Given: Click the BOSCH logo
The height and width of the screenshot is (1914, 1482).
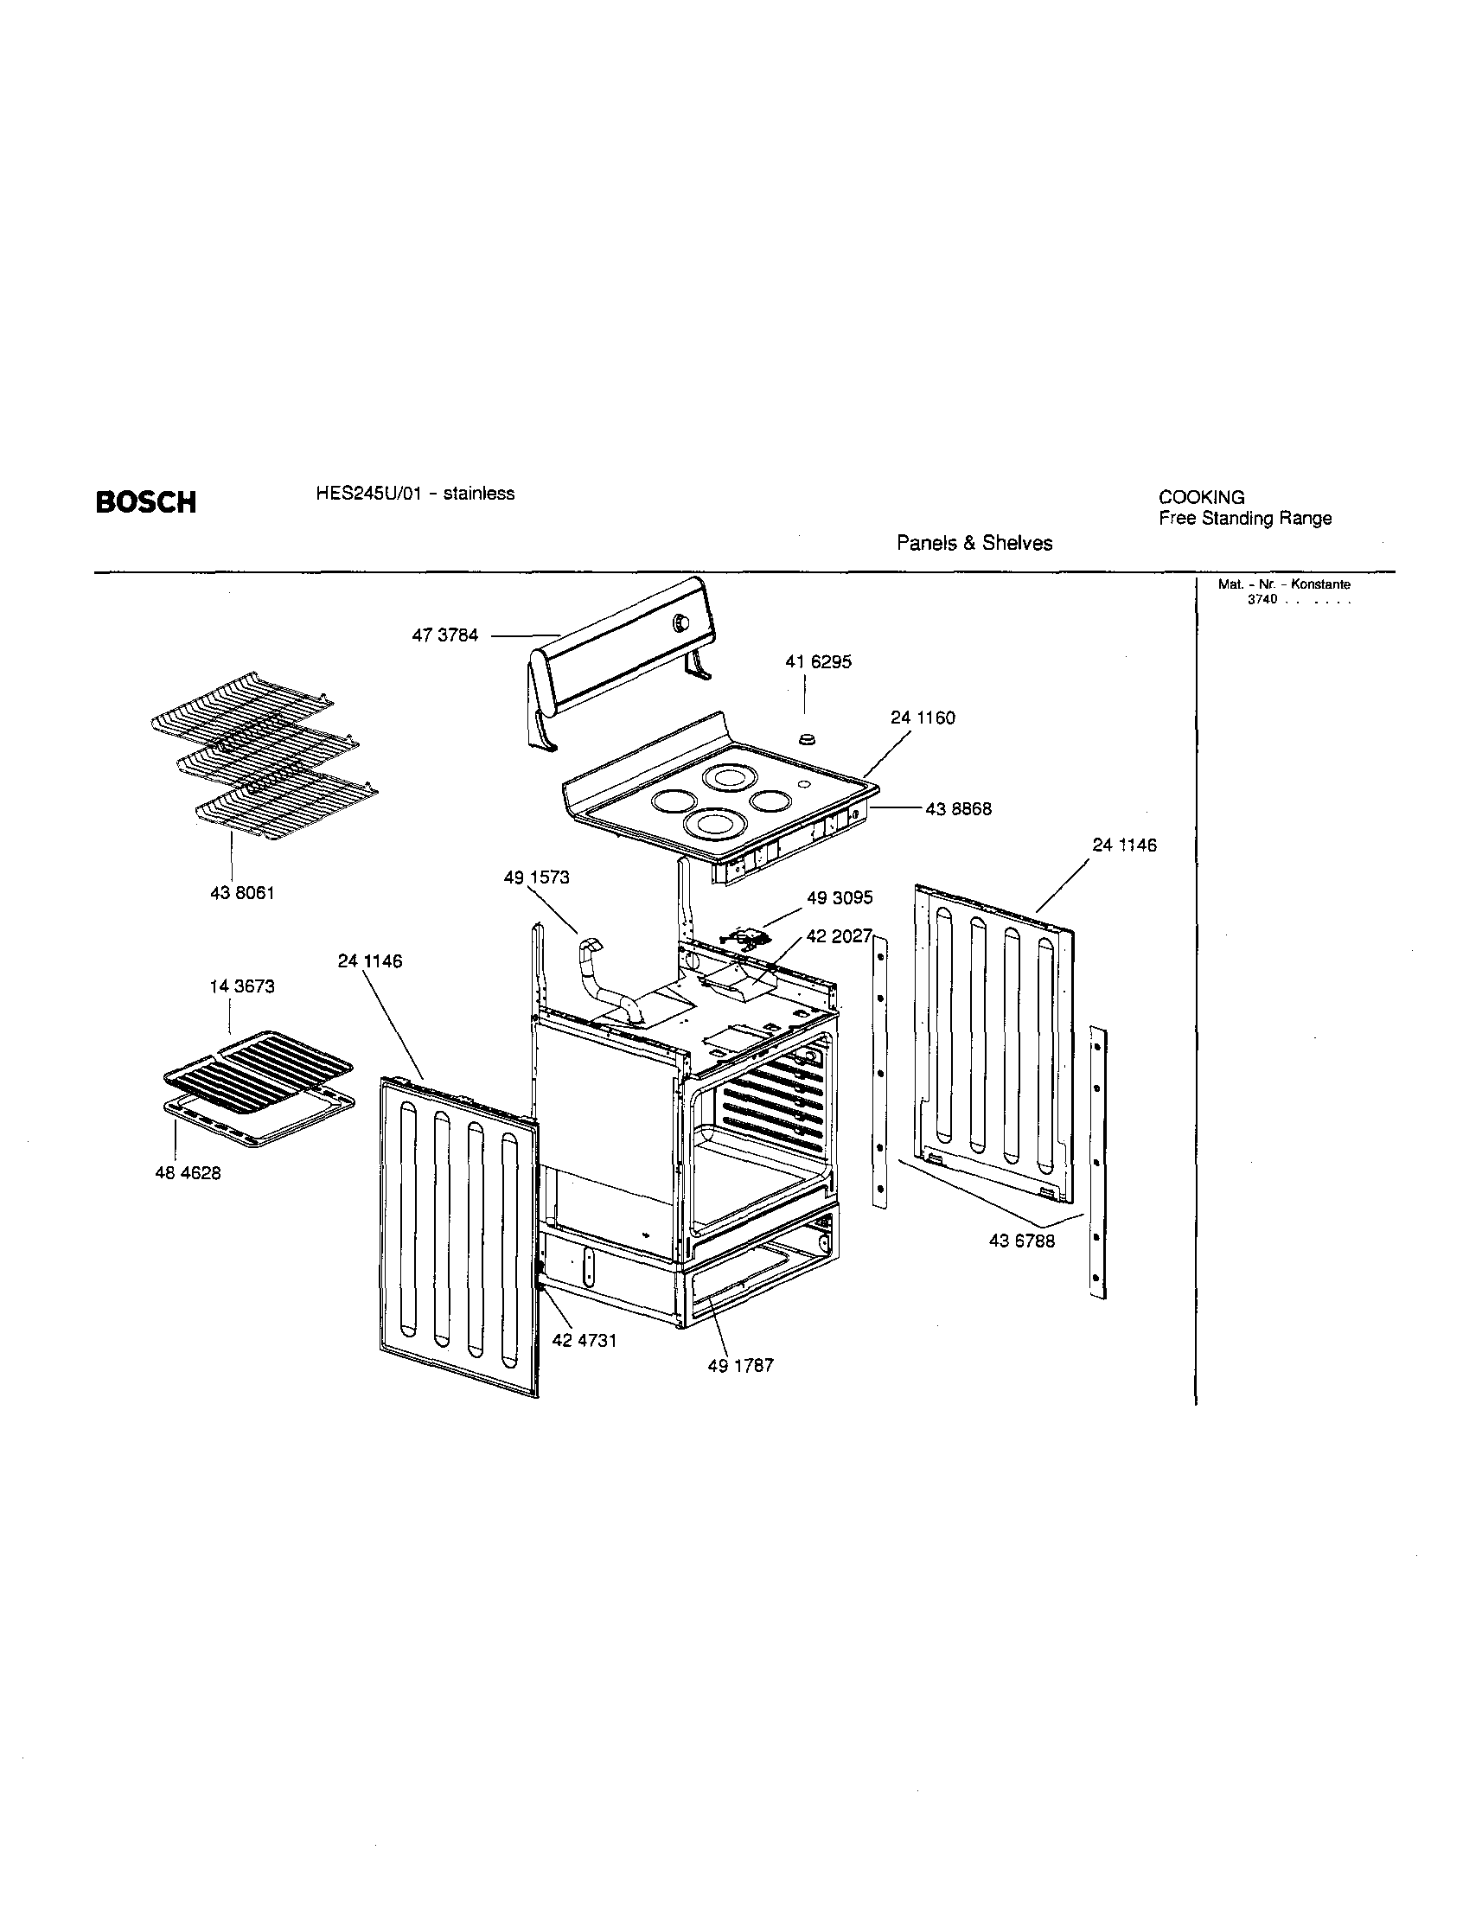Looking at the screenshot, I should [145, 502].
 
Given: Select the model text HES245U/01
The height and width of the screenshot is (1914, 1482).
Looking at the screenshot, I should [362, 494].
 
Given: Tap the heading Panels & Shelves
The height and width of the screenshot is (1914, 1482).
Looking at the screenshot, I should [974, 544].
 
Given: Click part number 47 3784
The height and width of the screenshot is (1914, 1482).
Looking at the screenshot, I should [445, 635].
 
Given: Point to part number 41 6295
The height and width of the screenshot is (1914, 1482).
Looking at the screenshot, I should [818, 662].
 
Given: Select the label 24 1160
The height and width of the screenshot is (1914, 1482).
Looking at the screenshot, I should [922, 718].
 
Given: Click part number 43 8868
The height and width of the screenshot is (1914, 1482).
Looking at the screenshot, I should [959, 809].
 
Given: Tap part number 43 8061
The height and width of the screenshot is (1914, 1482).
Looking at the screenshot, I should [243, 893].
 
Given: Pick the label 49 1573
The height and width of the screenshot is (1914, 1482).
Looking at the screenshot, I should [536, 877].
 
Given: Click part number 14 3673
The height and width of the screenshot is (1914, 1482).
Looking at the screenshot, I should [242, 986].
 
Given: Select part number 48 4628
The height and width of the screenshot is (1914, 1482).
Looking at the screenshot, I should [188, 1173].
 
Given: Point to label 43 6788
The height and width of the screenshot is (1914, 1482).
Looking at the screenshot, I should [1022, 1241].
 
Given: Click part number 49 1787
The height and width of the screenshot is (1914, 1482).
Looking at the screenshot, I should [740, 1365].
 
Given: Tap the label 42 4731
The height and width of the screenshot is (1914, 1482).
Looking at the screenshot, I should [584, 1340].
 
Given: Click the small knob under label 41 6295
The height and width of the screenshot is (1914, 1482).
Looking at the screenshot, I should [808, 738].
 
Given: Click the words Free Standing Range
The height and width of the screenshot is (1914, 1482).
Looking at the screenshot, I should [1244, 518].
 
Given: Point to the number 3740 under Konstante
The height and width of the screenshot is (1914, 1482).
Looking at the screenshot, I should [1262, 599].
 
